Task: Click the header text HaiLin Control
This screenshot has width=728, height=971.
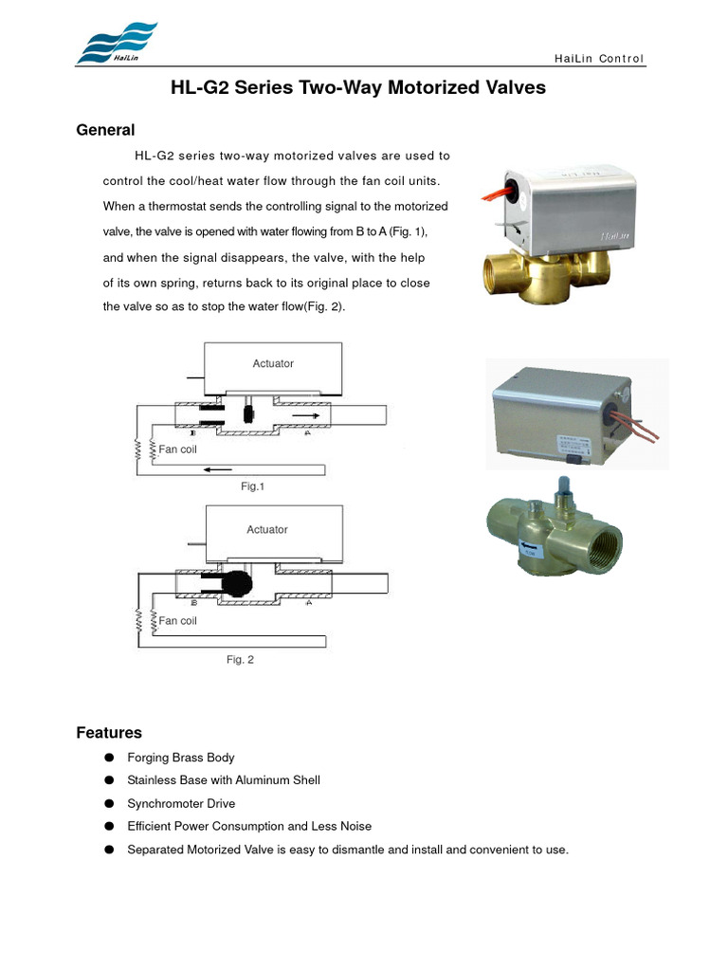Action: (598, 59)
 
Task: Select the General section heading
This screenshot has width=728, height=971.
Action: (105, 130)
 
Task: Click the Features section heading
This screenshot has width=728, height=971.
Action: (109, 733)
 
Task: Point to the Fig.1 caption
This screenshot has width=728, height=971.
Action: (252, 486)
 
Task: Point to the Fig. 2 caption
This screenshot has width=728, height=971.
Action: (240, 659)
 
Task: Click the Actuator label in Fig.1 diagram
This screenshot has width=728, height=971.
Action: (273, 363)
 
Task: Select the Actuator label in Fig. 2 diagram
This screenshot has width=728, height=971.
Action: (267, 529)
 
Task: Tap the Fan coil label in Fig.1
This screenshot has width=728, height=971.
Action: (177, 449)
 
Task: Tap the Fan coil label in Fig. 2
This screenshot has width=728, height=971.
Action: (177, 621)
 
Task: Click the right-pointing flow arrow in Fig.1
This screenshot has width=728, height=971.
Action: (306, 414)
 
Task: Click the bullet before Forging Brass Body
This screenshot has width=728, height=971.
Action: (109, 758)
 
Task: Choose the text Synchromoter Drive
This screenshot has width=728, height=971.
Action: (181, 803)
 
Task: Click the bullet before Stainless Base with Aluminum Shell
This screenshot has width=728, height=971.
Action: (109, 780)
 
